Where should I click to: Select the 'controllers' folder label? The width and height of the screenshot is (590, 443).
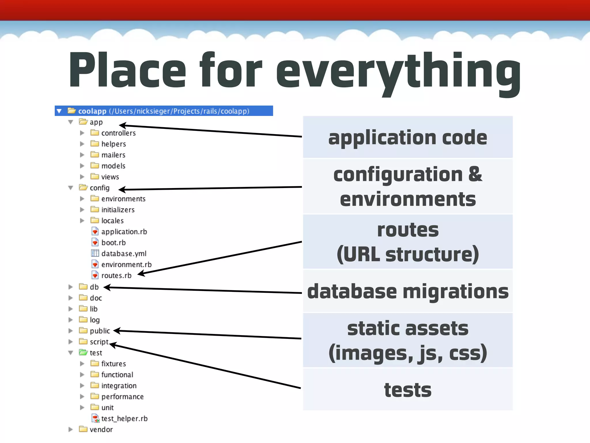tap(118, 133)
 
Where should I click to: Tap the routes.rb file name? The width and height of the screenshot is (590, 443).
tap(116, 275)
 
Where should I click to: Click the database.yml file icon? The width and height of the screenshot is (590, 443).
tap(95, 253)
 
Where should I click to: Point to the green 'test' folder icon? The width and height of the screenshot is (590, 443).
tap(83, 352)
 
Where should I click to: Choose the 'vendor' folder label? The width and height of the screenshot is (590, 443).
tap(101, 429)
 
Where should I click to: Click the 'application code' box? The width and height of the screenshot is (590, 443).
tap(408, 137)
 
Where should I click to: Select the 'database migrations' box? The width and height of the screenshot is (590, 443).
tap(408, 291)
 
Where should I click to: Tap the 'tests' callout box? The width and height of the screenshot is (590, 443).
tap(408, 390)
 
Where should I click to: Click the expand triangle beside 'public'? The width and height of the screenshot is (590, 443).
tap(71, 331)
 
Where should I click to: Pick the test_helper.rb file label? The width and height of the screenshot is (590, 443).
tap(124, 418)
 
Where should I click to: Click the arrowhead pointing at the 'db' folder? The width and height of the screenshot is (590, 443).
tap(107, 287)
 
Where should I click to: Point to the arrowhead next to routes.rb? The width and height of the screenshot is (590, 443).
tap(141, 273)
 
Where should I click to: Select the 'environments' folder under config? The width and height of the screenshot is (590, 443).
tap(123, 199)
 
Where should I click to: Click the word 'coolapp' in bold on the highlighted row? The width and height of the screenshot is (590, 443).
tap(92, 111)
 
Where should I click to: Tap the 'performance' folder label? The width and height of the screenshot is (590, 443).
tap(122, 397)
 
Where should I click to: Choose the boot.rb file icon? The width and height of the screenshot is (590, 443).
tap(95, 242)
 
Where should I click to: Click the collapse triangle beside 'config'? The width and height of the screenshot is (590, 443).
tap(71, 188)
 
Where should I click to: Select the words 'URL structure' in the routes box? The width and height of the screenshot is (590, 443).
tap(408, 255)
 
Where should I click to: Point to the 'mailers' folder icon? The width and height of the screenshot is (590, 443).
tap(95, 155)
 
